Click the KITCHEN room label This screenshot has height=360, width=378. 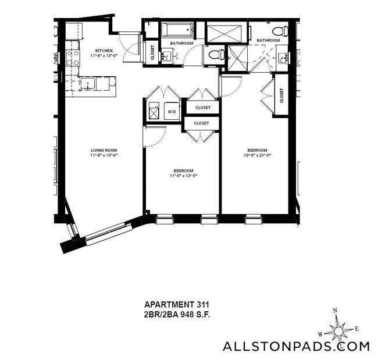[104, 51]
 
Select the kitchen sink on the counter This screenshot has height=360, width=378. [88, 84]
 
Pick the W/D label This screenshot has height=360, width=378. [172, 112]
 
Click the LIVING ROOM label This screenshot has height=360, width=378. [104, 150]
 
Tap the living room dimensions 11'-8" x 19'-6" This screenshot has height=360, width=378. [104, 156]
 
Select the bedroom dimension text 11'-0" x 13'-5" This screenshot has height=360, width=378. [183, 176]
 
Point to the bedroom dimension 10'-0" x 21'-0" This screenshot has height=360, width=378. [256, 155]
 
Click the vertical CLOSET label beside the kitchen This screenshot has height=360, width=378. [152, 53]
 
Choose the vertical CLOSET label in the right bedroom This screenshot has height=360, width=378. [281, 95]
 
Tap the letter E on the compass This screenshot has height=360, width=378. [356, 329]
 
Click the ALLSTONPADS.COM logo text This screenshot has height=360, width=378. [296, 347]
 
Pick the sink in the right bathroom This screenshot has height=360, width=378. [284, 57]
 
